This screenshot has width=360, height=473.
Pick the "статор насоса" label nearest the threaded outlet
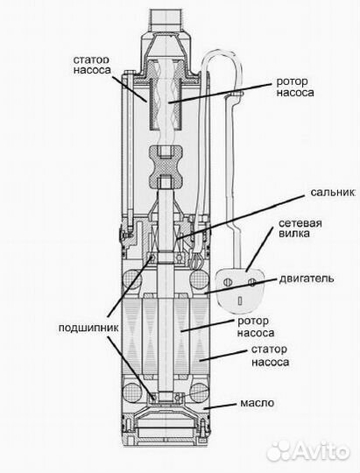click(x=86, y=67)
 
